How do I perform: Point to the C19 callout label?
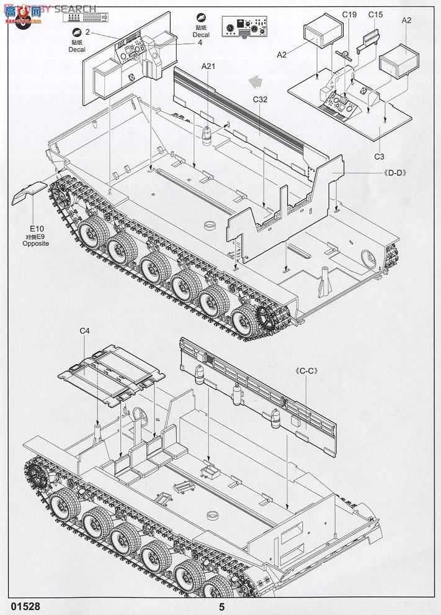point(349,14)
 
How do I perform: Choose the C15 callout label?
point(375,14)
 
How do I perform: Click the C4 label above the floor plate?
point(85,331)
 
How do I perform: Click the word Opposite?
point(35,244)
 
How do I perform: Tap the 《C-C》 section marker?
point(306,371)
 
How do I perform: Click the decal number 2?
point(87,32)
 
